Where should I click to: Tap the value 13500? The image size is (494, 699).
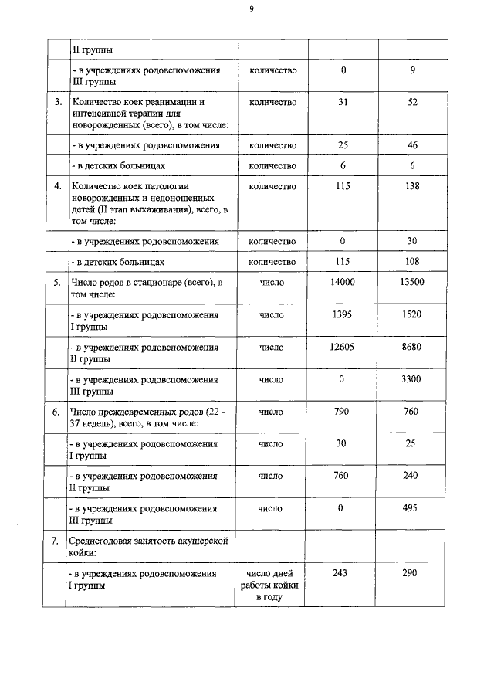tap(411, 283)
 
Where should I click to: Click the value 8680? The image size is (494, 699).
tap(411, 348)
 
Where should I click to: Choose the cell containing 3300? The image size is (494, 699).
tap(411, 380)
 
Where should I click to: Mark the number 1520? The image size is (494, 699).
tap(411, 315)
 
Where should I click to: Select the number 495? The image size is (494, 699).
tap(411, 508)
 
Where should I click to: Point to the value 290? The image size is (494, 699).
tap(411, 573)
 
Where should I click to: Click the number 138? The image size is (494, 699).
tap(411, 186)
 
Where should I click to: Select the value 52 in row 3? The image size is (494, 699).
tap(411, 102)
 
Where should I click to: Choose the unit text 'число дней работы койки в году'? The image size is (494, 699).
tap(272, 585)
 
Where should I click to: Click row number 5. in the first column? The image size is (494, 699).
tap(56, 283)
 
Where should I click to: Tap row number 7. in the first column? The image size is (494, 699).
tap(56, 541)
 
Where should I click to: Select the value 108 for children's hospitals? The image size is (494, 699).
tap(411, 262)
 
